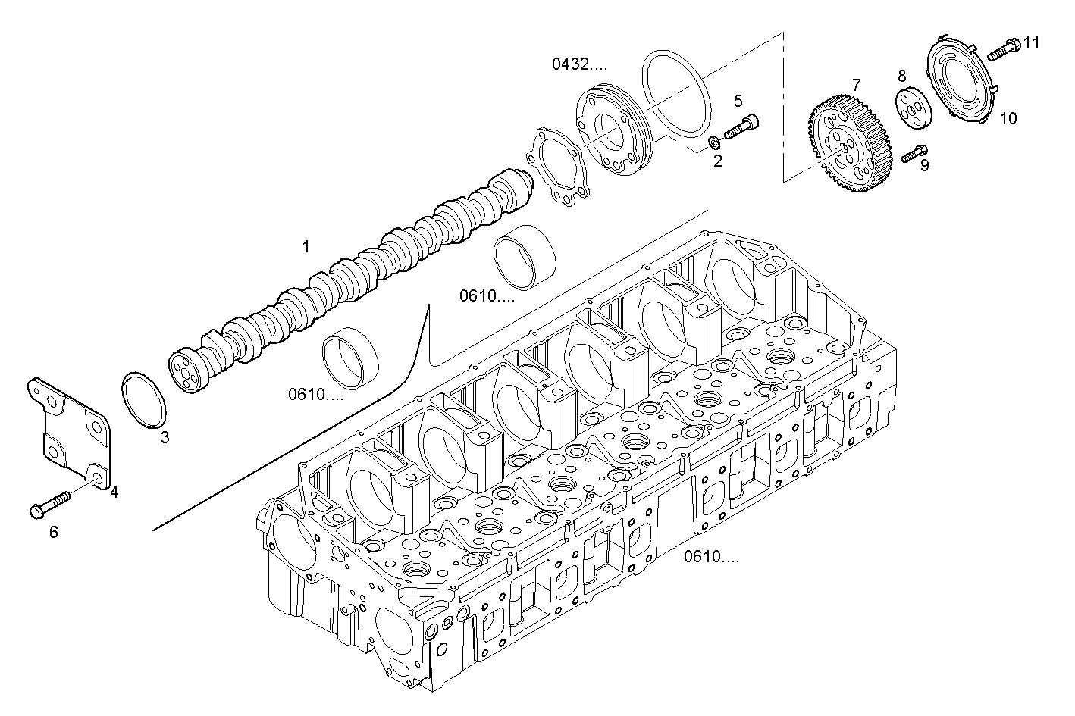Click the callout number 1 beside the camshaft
pos(306,246)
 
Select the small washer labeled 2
pos(713,142)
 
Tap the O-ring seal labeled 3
pos(143,399)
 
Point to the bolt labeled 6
pos(49,505)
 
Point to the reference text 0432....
pos(579,64)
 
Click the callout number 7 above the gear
pos(856,83)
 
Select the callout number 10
pos(1008,118)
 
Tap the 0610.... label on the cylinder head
pos(711,557)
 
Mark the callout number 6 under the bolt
pos(53,533)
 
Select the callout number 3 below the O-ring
pos(165,437)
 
